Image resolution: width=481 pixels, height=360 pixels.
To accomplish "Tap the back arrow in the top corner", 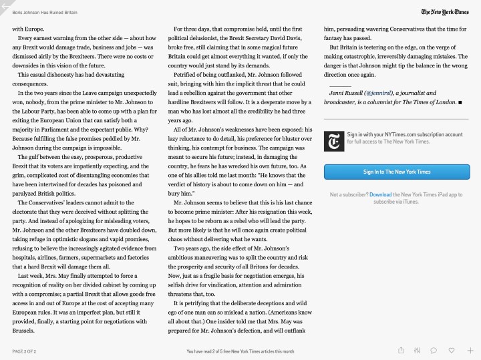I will [x=5, y=5].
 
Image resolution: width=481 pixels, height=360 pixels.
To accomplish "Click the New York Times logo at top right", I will [x=449, y=12].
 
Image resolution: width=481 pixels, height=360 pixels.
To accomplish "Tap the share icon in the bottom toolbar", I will [x=401, y=350].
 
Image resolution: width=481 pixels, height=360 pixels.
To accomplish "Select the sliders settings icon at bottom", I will [x=418, y=350].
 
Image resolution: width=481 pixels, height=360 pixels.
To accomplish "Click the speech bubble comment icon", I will [x=434, y=350].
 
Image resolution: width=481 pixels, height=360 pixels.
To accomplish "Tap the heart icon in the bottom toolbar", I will [x=452, y=350].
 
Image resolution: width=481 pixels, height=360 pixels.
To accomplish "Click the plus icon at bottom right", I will [x=470, y=350].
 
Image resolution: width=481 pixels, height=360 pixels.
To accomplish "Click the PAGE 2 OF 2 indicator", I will [x=24, y=351].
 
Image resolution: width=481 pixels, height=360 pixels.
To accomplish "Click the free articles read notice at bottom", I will [x=240, y=351].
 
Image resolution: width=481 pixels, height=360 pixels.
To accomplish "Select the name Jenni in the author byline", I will [x=337, y=93].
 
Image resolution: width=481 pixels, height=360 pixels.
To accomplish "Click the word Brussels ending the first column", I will [x=23, y=331].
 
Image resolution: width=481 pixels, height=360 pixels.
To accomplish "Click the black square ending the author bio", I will [x=460, y=102].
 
